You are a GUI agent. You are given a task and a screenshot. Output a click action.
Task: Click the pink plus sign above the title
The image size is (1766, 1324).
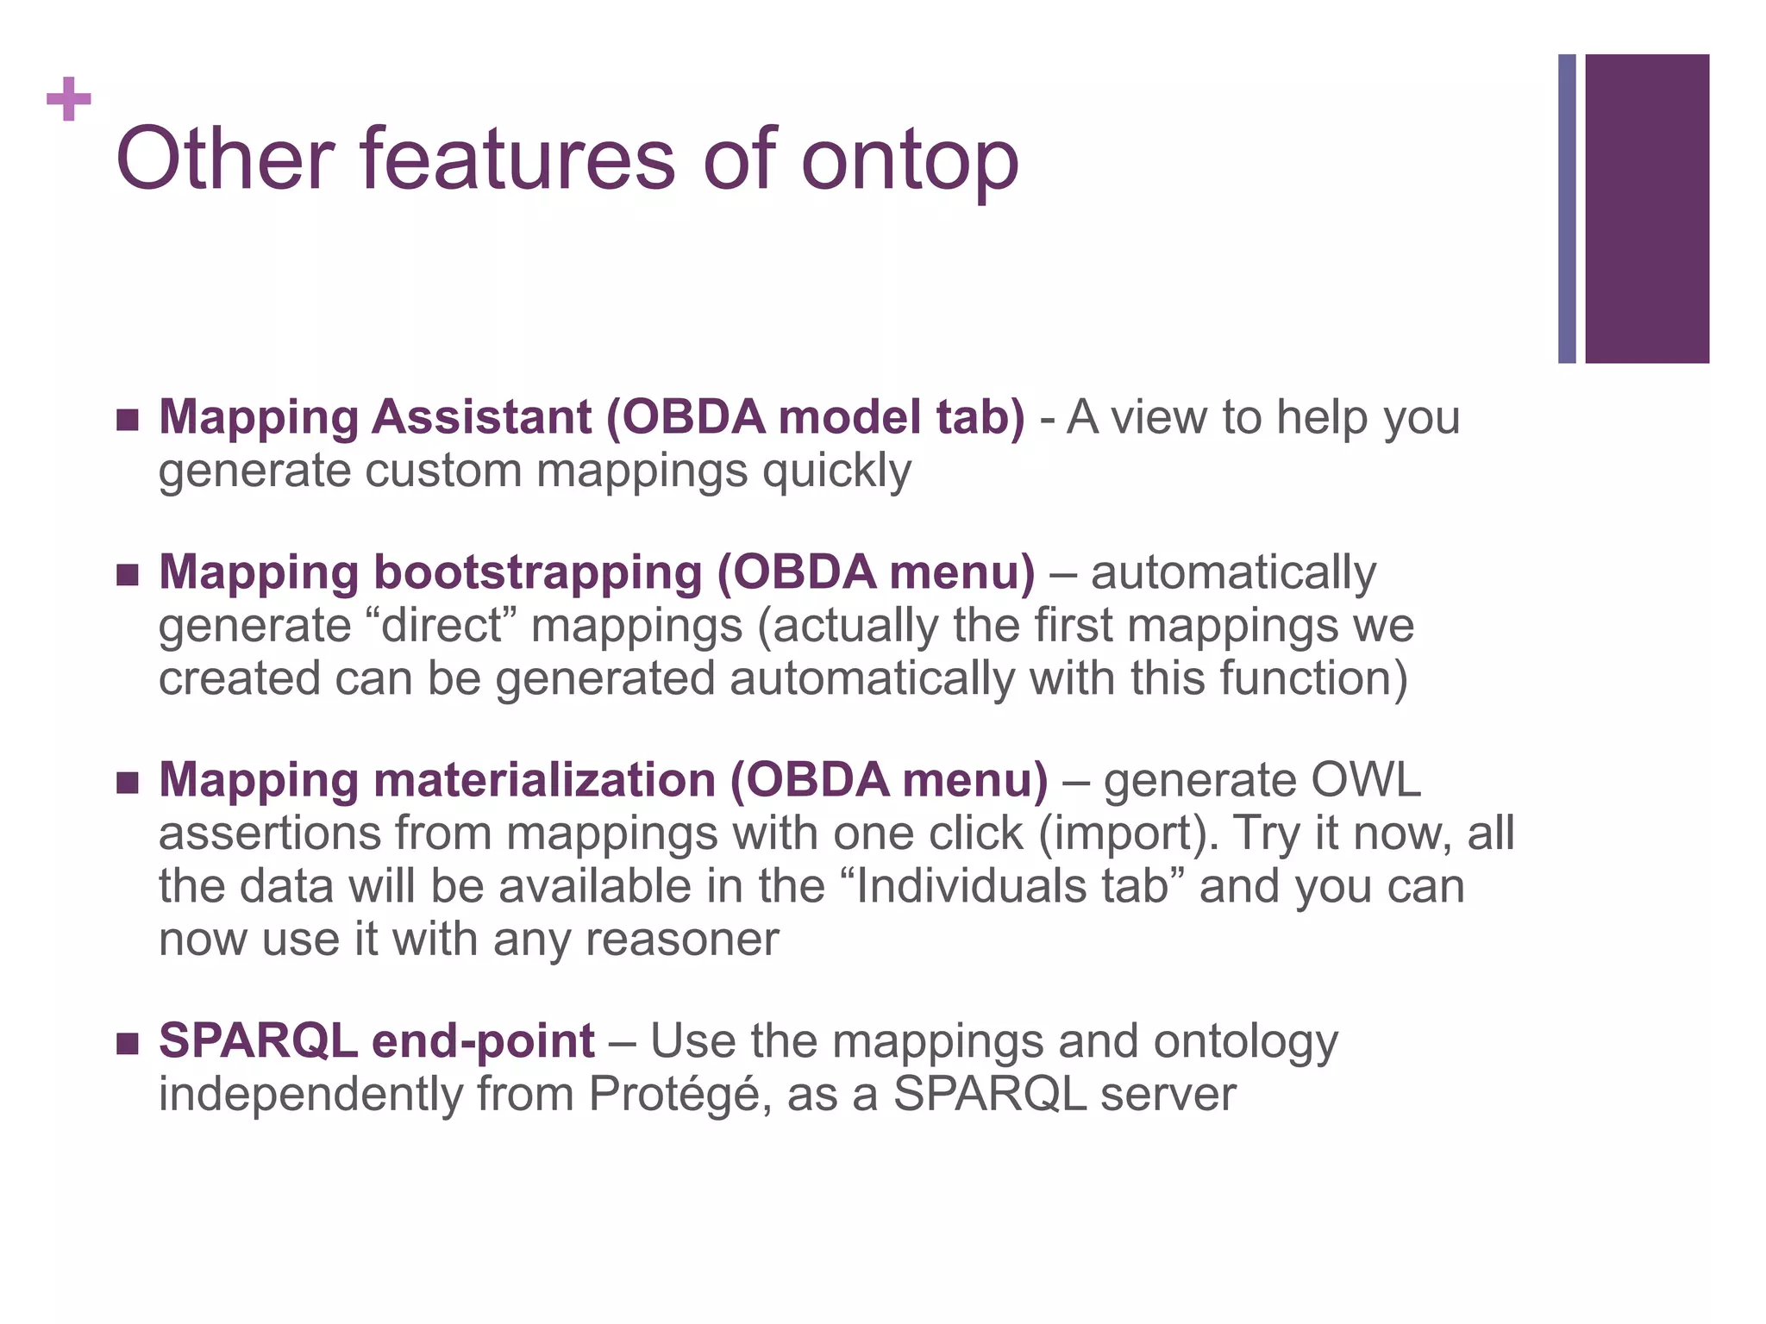(69, 99)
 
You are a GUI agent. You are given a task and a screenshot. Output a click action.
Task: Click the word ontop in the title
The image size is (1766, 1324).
(910, 161)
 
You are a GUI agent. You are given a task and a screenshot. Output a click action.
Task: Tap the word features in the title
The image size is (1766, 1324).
(517, 159)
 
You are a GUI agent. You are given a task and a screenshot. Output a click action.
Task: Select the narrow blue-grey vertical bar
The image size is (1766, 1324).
(1567, 209)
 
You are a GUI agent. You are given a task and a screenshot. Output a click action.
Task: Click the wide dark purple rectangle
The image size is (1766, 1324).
(1647, 209)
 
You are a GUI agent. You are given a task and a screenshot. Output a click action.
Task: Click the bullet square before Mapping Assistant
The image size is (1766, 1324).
(128, 420)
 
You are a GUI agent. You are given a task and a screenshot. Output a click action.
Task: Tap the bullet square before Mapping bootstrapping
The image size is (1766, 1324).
(128, 575)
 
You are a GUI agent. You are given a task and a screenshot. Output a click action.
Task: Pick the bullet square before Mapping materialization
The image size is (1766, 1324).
(128, 783)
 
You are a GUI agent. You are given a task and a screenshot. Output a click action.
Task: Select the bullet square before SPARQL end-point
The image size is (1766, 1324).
(128, 1044)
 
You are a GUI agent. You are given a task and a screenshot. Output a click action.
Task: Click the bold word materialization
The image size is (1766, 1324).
(544, 780)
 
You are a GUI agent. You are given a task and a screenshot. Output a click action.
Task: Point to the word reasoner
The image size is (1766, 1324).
(681, 940)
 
